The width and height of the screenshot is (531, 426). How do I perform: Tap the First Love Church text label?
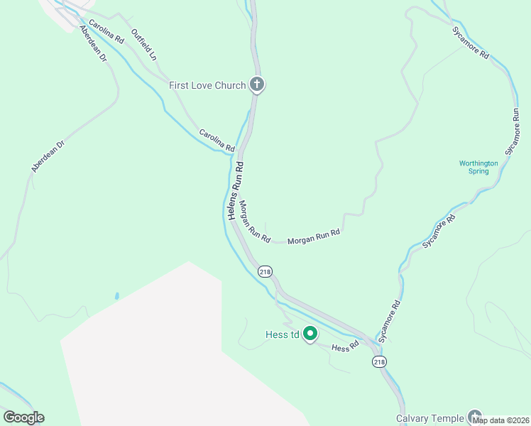(207, 85)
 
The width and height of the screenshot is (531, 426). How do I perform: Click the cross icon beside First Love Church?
(257, 85)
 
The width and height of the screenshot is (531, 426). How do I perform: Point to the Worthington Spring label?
(478, 167)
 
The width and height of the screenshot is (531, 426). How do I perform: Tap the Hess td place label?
(283, 334)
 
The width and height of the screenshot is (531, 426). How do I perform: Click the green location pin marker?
(310, 333)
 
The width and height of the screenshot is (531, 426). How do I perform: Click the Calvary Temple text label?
(429, 418)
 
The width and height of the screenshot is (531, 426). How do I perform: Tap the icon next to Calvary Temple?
(474, 417)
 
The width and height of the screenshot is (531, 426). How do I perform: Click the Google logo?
(23, 417)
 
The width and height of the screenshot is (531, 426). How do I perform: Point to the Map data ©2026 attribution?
(501, 420)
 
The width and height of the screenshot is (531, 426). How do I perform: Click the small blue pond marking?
(116, 295)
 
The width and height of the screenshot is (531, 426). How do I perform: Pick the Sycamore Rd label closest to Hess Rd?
(389, 322)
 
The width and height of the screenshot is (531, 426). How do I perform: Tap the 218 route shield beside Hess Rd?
(379, 362)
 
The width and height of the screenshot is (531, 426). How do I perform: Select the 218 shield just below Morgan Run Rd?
(265, 271)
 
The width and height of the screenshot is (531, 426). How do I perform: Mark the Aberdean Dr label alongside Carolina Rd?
(93, 44)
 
